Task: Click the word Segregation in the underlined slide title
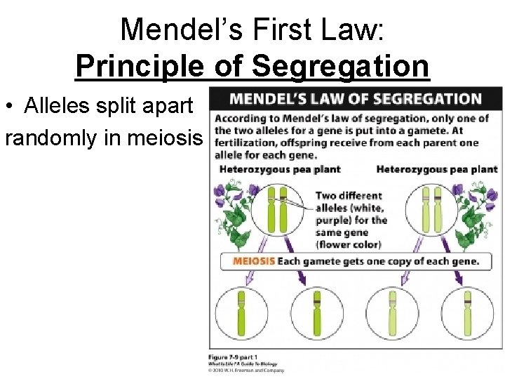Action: point(339,66)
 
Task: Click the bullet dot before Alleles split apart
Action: point(9,107)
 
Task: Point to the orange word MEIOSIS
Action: point(253,262)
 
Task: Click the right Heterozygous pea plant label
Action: point(436,169)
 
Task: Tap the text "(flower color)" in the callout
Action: point(348,245)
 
